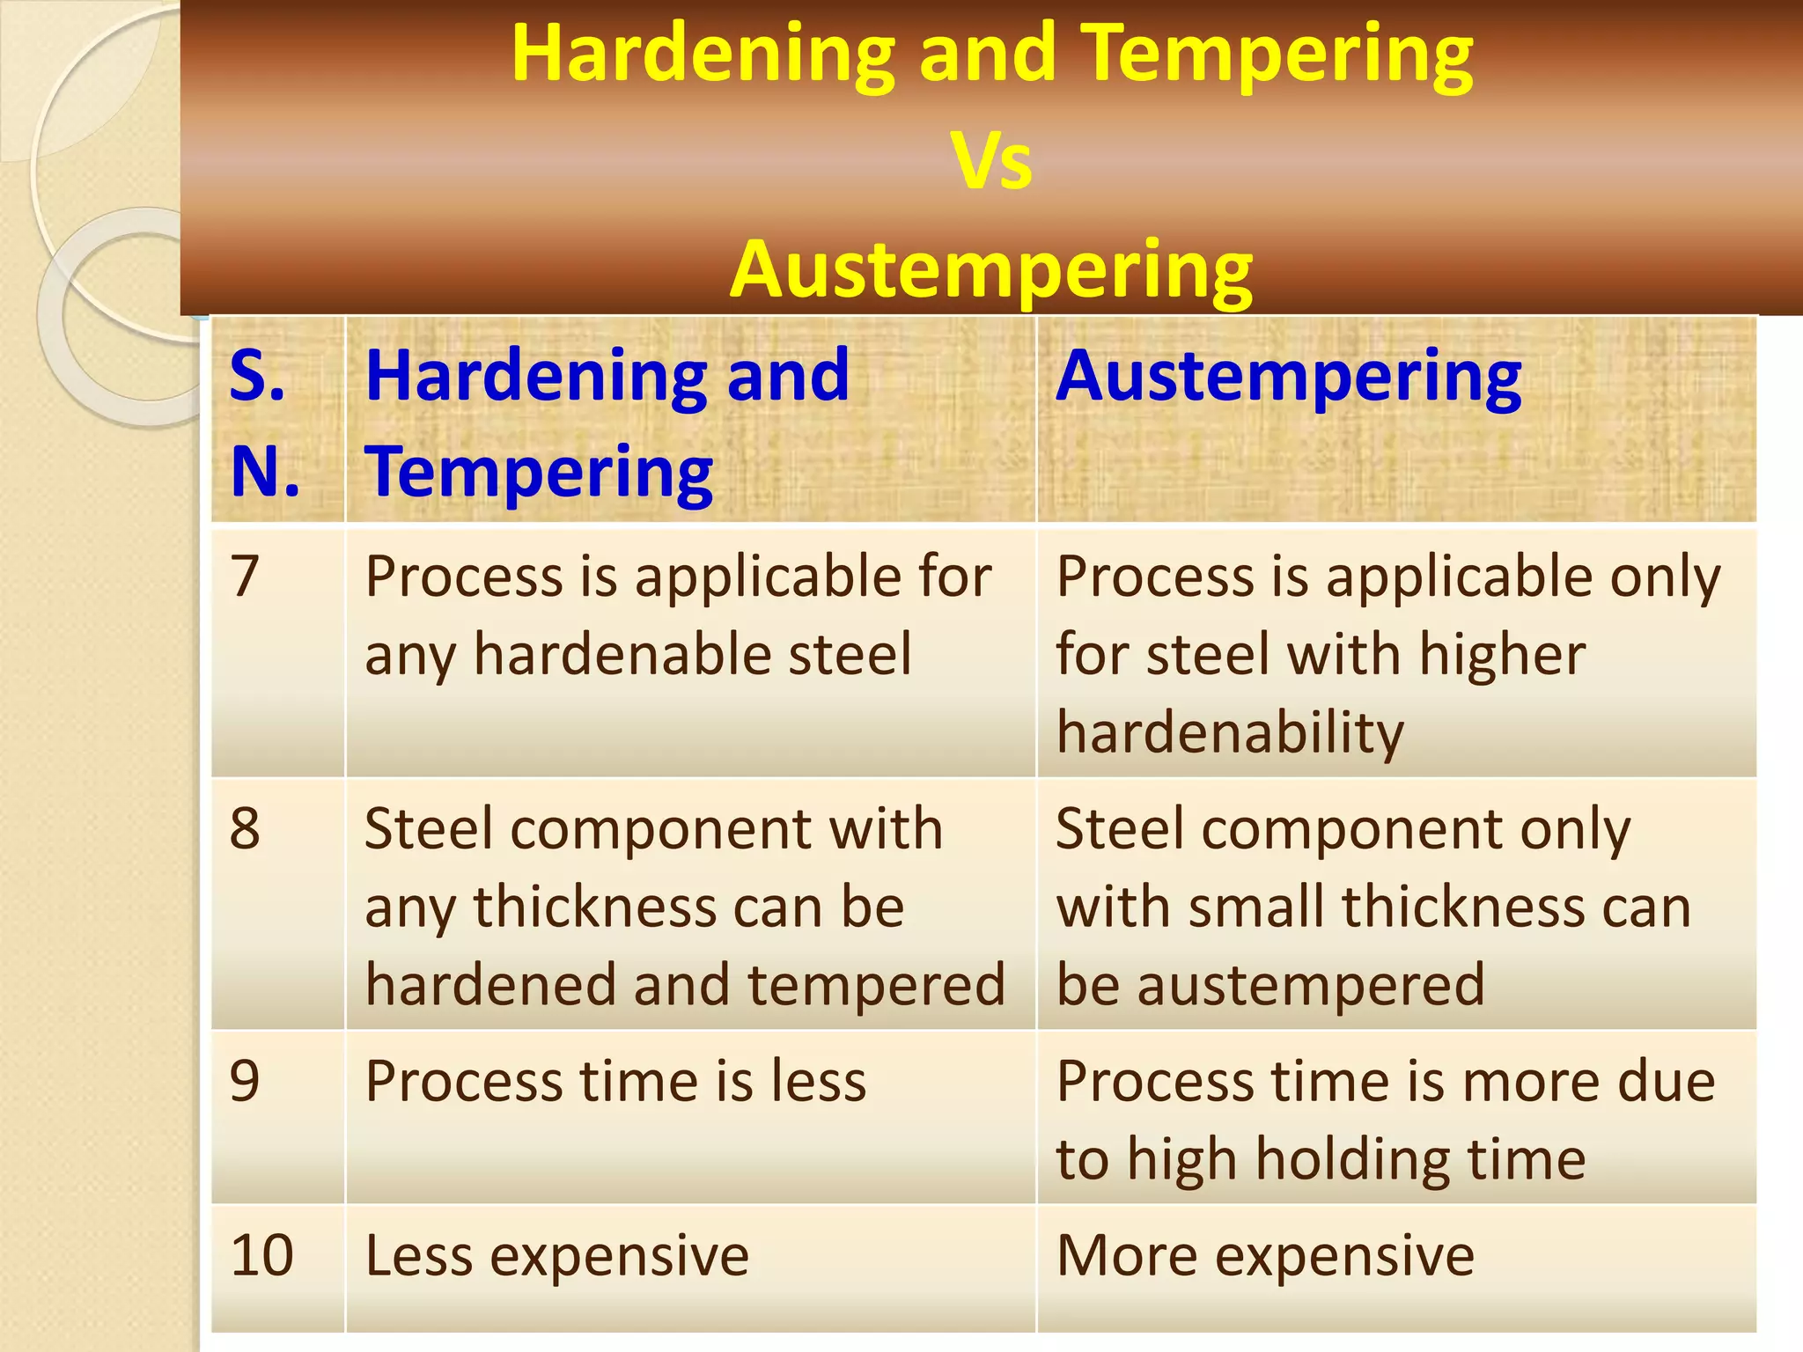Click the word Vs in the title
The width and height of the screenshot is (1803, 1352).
pyautogui.click(x=991, y=162)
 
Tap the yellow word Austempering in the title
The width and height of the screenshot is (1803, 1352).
pyautogui.click(x=991, y=269)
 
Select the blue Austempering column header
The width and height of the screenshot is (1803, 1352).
pyautogui.click(x=1289, y=377)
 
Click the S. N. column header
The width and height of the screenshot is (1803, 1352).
pyautogui.click(x=264, y=422)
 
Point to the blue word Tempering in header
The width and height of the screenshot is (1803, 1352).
pyautogui.click(x=539, y=473)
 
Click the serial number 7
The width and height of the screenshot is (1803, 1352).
pyautogui.click(x=245, y=577)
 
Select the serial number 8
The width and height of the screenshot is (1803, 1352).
pyautogui.click(x=245, y=829)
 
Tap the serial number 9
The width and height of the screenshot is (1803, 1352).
pyautogui.click(x=245, y=1082)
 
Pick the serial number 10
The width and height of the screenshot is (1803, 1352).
pyautogui.click(x=261, y=1256)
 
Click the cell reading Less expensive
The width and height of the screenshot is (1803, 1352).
pyautogui.click(x=556, y=1256)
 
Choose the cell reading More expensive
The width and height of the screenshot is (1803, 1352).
pyautogui.click(x=1265, y=1256)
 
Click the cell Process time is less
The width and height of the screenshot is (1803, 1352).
pyautogui.click(x=615, y=1082)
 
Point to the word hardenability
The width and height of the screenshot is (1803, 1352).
pyautogui.click(x=1230, y=733)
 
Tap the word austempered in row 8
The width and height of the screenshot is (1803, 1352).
pyautogui.click(x=1311, y=985)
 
